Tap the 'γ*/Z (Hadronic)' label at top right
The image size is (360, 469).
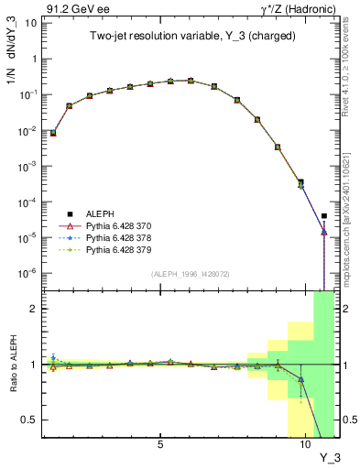click(x=297, y=8)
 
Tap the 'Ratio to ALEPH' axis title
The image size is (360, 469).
click(x=11, y=364)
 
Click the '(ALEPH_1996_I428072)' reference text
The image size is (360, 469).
click(x=191, y=274)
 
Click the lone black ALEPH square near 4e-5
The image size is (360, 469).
click(x=324, y=216)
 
